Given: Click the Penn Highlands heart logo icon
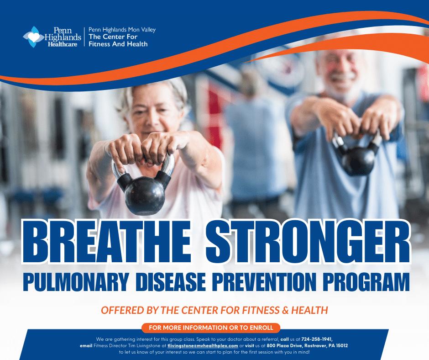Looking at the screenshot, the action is tap(33, 37).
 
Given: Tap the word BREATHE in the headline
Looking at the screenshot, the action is tap(106, 242).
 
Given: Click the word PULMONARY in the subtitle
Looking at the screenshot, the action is tap(76, 282).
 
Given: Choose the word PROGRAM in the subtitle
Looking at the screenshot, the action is tap(366, 282).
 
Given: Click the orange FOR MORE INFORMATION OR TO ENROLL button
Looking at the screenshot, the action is tap(211, 328).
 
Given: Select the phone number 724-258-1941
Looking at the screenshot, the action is tap(317, 339).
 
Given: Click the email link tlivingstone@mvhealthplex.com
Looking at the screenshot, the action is tap(203, 346).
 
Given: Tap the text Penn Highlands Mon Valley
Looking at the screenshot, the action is tap(122, 30).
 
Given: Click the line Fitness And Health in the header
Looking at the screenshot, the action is tap(118, 44).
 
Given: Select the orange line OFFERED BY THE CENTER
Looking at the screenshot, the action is tap(214, 310).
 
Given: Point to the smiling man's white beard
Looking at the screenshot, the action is tap(340, 88).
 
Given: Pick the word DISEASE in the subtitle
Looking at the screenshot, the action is tap(170, 282).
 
